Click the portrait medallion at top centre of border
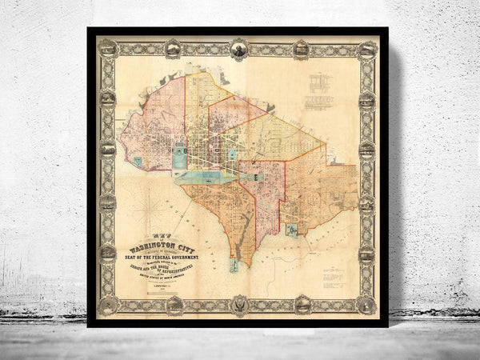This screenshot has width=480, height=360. click(238, 48)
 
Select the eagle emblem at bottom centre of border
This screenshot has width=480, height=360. click(238, 305)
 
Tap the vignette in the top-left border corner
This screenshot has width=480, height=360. click(107, 47)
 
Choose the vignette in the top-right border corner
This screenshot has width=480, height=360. click(368, 47)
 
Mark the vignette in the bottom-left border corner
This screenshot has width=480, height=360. click(107, 306)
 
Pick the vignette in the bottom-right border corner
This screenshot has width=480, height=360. click(368, 305)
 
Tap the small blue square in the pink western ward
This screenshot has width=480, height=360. click(137, 161)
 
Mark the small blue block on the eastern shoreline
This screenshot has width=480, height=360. click(293, 232)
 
